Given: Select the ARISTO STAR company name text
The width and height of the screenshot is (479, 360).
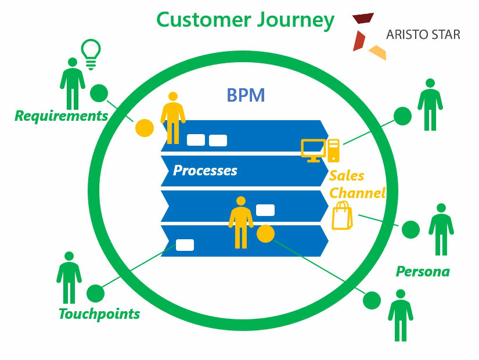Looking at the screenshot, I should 423,34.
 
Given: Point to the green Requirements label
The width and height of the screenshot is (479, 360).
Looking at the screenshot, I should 61,116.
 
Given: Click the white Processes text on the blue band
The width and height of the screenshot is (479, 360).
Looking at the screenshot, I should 205,171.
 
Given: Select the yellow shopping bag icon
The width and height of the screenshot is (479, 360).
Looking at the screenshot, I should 342,216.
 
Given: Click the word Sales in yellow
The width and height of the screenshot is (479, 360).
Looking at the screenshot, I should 347,176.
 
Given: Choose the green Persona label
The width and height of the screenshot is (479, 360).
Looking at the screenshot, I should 423,271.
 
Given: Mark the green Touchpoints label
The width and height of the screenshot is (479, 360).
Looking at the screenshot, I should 99,314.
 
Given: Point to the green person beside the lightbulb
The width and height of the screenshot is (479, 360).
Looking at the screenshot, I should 73,82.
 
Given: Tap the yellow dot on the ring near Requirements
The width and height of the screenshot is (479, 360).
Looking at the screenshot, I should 144,128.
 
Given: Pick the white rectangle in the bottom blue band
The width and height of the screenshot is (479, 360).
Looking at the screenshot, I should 185,244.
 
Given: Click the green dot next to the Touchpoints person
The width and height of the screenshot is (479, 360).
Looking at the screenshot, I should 95,293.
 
